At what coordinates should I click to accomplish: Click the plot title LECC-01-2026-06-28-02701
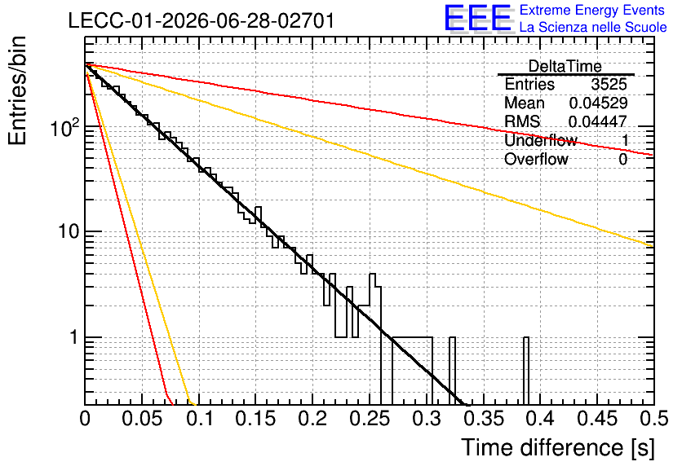click(201, 20)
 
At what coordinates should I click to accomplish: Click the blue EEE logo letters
click(477, 18)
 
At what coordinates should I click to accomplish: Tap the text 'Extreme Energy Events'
click(592, 10)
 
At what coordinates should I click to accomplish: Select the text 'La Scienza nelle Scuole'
click(593, 27)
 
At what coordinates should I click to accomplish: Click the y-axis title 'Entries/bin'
click(17, 90)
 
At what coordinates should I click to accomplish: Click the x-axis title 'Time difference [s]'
click(558, 448)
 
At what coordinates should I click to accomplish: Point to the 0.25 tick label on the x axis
click(370, 419)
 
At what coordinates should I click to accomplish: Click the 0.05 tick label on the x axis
click(142, 419)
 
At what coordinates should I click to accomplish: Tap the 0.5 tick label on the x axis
click(653, 419)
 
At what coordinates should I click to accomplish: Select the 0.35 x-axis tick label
click(483, 419)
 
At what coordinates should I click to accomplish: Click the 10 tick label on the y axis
click(69, 231)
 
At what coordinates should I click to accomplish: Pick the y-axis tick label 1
click(74, 337)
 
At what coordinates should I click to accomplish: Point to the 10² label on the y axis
click(64, 127)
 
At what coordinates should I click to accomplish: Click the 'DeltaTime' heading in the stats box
click(565, 67)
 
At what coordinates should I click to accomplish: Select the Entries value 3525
click(609, 84)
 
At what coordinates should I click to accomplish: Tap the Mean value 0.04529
click(598, 103)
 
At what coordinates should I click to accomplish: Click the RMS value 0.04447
click(598, 121)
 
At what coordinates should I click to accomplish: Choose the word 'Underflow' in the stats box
click(541, 140)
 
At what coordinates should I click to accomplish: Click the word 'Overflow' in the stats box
click(536, 160)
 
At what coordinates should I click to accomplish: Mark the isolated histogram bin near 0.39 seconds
click(526, 371)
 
